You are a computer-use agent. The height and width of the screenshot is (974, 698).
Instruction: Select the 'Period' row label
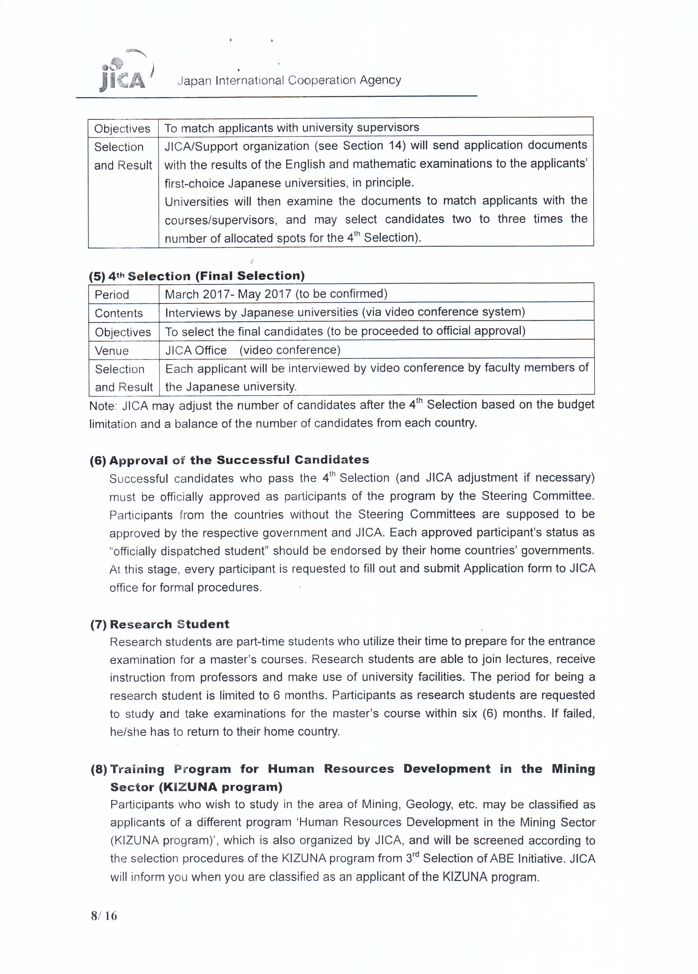point(112,294)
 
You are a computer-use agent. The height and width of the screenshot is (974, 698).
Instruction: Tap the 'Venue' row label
point(112,351)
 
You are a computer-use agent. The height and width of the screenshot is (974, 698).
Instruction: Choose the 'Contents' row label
point(119,313)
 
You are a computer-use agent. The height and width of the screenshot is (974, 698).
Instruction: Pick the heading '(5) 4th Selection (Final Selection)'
point(197,276)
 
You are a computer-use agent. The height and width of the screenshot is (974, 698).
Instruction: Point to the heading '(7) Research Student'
point(159,624)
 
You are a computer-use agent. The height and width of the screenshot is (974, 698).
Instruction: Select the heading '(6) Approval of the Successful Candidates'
point(229,460)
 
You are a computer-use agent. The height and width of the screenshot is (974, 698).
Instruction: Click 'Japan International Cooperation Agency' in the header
point(289,80)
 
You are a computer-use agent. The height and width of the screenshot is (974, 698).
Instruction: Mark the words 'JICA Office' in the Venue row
point(196,351)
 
